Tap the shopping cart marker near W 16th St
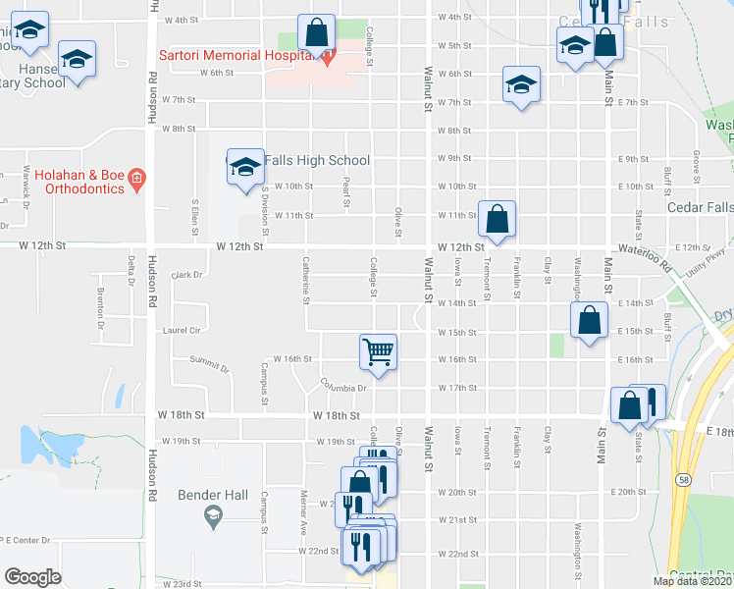[x=379, y=351]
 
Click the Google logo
[x=32, y=576]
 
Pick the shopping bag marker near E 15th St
[x=588, y=321]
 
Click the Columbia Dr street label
[x=342, y=385]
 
